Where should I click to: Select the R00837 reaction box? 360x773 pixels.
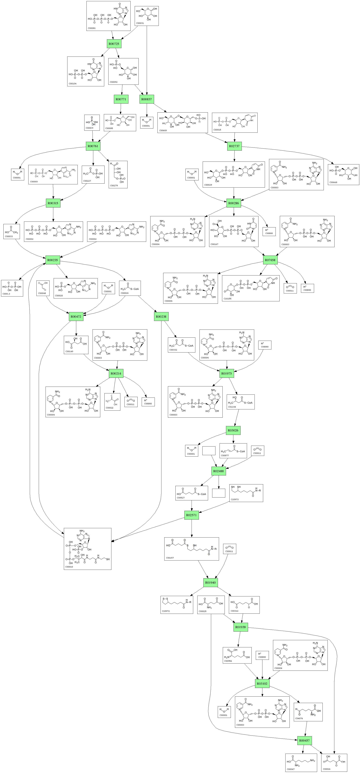(x=146, y=99)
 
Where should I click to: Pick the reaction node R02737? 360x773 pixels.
(x=234, y=146)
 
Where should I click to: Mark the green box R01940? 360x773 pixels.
(x=210, y=582)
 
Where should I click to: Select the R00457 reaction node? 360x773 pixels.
(x=304, y=741)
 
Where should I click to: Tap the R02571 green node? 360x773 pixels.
(x=191, y=515)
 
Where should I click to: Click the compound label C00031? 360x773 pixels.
(x=140, y=23)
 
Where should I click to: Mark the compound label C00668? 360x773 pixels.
(x=333, y=182)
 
